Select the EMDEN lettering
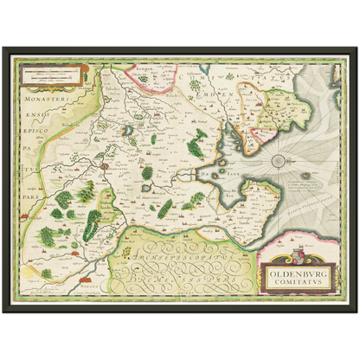coord(221,93)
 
